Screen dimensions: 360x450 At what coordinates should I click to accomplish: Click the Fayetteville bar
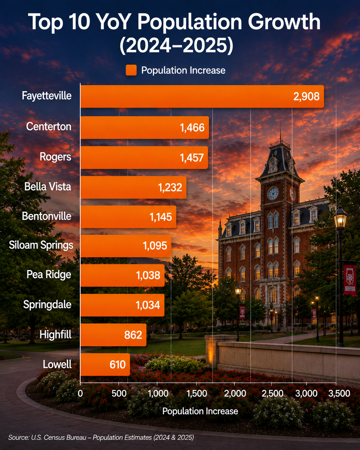tap(202, 96)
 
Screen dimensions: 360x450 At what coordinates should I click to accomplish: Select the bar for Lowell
tap(105, 365)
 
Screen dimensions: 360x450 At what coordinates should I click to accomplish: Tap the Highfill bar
tap(113, 335)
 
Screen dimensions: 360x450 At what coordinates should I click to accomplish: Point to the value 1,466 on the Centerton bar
tap(192, 127)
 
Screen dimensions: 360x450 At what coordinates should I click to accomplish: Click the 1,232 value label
tap(170, 187)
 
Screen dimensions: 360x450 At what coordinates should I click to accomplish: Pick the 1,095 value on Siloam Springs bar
tap(155, 246)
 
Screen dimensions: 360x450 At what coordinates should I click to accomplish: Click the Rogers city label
tap(56, 157)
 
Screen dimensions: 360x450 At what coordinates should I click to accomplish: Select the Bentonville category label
tap(47, 216)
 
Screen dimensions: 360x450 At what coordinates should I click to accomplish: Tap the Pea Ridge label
tap(49, 275)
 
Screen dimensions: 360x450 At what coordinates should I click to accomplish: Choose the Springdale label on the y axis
tap(47, 305)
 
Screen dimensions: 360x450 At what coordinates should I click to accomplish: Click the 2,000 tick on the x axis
tap(235, 394)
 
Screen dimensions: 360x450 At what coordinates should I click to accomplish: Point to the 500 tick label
tap(119, 394)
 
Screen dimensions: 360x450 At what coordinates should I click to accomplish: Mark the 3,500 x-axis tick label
tap(339, 394)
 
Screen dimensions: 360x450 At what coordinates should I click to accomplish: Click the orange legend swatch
tap(131, 70)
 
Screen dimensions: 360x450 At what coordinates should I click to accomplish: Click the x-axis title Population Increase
tap(200, 411)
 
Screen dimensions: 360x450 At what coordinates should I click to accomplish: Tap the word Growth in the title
tap(284, 22)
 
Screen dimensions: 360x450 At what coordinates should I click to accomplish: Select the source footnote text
tap(101, 437)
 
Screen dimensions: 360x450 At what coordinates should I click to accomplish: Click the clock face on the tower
tap(273, 194)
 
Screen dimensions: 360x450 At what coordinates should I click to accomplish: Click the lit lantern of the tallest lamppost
tap(340, 218)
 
